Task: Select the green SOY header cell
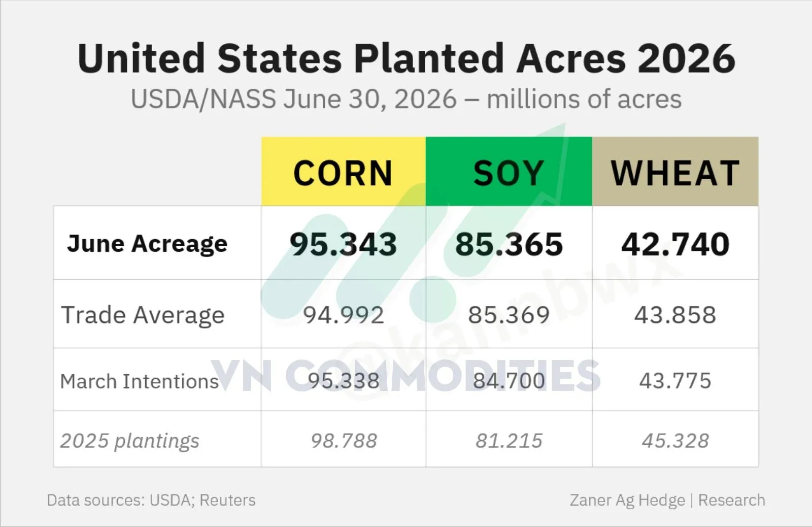click(509, 171)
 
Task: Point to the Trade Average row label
click(143, 315)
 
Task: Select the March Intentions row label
click(139, 381)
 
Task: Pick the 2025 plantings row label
click(129, 441)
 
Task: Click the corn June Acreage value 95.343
click(343, 244)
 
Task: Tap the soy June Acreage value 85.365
click(509, 244)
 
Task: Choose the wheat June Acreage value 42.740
click(675, 244)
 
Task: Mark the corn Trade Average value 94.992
click(343, 315)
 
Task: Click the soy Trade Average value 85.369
click(509, 315)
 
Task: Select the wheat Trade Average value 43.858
click(675, 315)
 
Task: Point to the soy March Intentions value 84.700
click(509, 381)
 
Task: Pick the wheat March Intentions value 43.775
click(675, 381)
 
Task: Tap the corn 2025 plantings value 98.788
click(344, 441)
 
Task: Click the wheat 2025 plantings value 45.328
click(675, 441)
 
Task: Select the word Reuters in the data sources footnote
click(228, 500)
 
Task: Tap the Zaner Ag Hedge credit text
click(627, 501)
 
